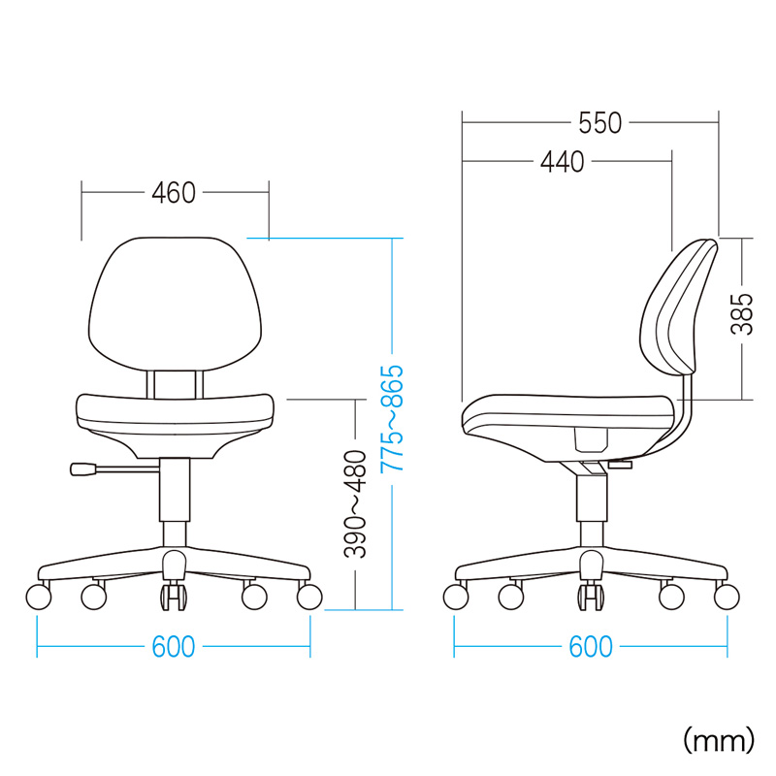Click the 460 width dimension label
174,193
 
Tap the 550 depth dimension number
599,123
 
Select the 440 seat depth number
563,162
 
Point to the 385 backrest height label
742,314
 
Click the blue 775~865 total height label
393,418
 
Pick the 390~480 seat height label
355,504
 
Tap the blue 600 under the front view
174,647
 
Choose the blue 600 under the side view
591,647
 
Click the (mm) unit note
719,740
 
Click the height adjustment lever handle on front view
83,469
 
